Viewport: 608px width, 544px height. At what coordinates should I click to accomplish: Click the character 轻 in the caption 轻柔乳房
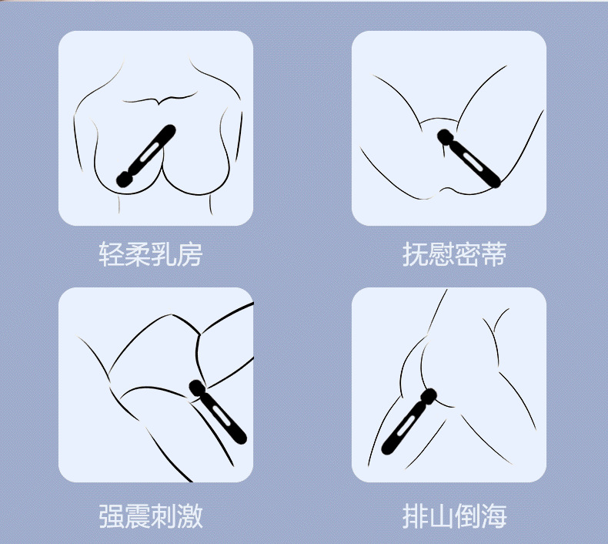112,254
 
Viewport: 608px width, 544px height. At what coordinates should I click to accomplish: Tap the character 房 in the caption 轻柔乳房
190,254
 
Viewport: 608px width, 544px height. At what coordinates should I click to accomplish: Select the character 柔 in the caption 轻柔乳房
137,254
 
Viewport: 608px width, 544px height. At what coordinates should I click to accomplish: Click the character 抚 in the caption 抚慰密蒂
415,254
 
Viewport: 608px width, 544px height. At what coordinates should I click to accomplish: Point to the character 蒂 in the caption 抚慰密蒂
493,254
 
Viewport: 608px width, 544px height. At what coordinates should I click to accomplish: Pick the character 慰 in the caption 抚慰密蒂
441,254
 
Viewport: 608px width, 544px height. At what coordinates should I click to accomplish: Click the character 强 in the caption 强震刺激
112,516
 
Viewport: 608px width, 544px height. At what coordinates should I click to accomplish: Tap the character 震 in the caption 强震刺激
137,516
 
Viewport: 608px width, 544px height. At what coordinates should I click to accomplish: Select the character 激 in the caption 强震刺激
190,516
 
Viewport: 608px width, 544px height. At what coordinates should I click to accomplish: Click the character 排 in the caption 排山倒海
415,516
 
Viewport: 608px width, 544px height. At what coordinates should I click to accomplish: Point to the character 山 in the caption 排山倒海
441,516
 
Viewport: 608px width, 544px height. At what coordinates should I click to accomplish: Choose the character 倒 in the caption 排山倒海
467,516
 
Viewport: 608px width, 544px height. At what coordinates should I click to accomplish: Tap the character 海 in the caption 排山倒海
493,516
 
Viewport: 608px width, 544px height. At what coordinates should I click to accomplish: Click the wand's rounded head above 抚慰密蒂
446,136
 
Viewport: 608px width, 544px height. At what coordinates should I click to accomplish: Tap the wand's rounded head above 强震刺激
197,388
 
